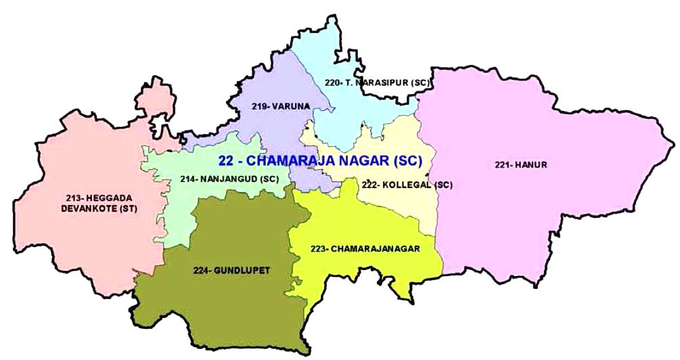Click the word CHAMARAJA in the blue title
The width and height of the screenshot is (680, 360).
291,161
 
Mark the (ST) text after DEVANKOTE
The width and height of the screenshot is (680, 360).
127,209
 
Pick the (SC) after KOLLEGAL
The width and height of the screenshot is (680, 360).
443,185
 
